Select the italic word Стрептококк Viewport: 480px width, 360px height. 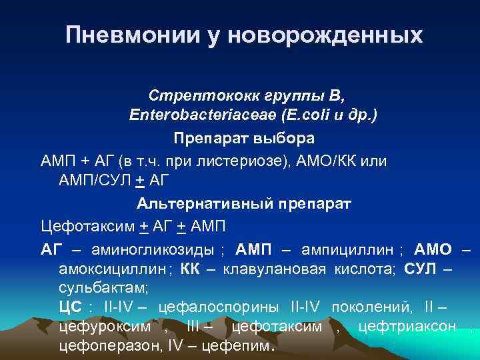[193, 95]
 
